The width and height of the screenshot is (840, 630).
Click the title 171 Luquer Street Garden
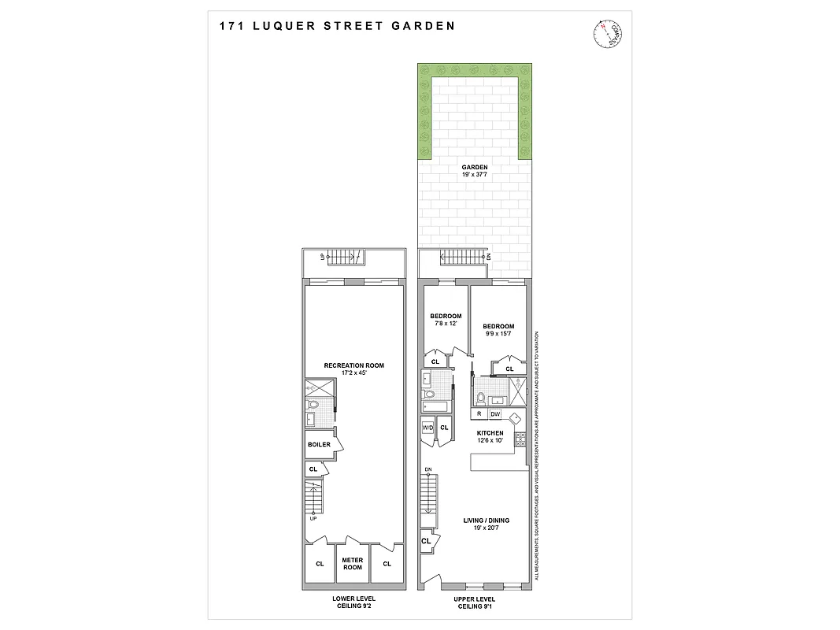click(337, 25)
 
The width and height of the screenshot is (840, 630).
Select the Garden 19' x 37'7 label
click(475, 172)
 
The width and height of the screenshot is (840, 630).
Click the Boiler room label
click(319, 444)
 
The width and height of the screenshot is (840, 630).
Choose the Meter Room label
click(352, 564)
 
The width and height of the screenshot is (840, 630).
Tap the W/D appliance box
click(428, 428)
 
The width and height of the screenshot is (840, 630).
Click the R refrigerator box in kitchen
click(479, 413)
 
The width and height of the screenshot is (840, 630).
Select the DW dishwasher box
click(495, 413)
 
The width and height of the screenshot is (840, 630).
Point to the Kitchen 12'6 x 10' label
click(490, 437)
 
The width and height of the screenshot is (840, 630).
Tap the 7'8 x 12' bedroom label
click(445, 320)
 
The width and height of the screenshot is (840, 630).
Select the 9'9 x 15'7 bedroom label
click(498, 330)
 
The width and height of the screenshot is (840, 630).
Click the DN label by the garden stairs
click(489, 257)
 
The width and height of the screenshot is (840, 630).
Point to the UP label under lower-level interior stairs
click(313, 518)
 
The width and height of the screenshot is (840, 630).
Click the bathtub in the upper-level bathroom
click(435, 406)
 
